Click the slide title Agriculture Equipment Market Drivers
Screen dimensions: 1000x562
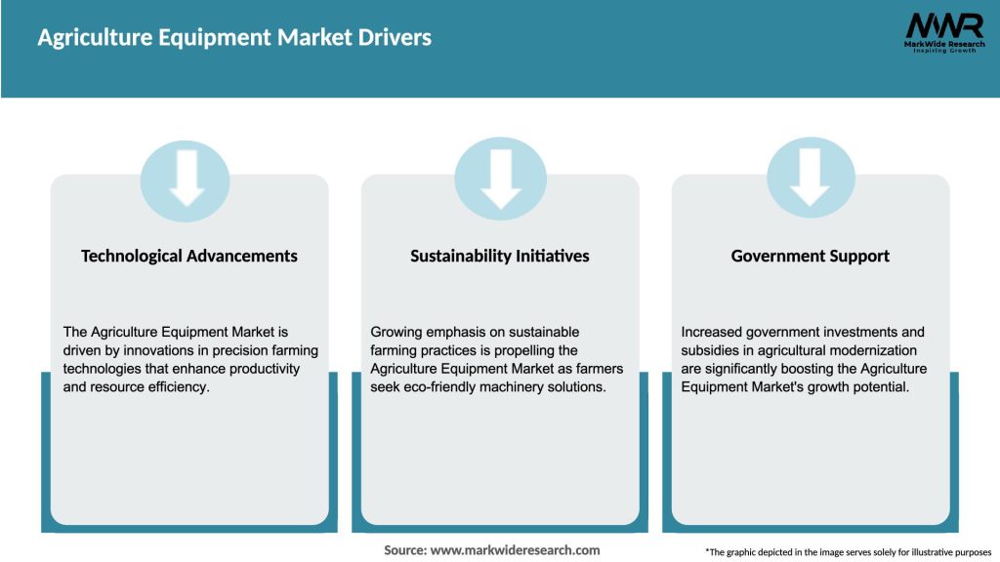234,38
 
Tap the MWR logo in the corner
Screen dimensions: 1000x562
930,26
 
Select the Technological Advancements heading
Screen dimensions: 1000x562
189,256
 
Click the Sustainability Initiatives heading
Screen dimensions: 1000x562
500,256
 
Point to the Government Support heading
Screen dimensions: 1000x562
811,256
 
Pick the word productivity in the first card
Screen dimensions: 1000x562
266,370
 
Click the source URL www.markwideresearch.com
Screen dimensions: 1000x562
515,550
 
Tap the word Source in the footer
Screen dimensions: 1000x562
403,550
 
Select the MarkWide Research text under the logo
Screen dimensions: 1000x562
930,43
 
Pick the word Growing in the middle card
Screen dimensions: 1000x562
397,333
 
